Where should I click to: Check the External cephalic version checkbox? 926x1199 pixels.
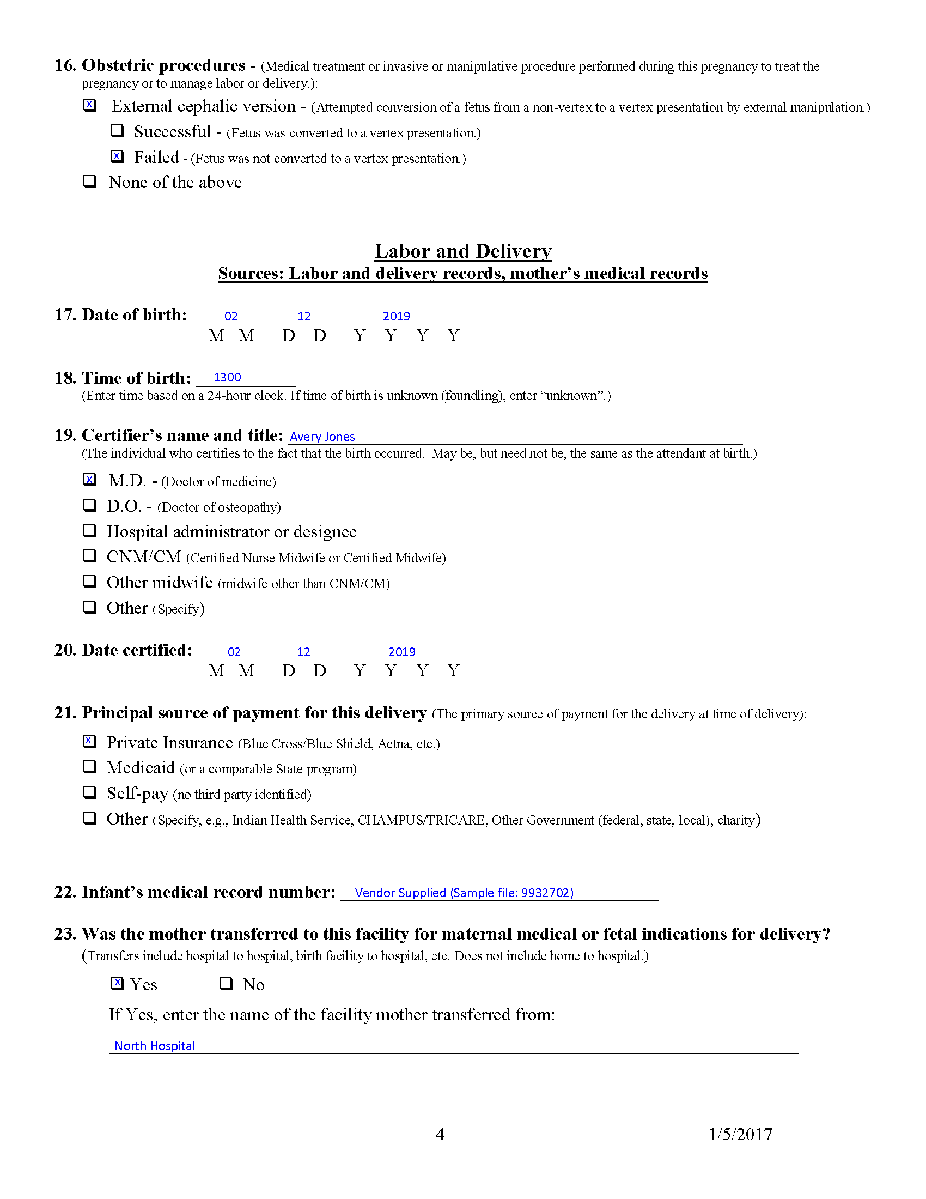click(90, 105)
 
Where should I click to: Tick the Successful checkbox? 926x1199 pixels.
click(117, 131)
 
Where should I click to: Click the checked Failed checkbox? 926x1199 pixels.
click(117, 156)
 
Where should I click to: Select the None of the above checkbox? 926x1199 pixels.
click(90, 181)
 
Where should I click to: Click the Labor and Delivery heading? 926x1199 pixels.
click(462, 251)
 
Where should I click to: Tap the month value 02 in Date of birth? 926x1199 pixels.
click(231, 316)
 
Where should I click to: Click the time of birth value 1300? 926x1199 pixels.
click(227, 377)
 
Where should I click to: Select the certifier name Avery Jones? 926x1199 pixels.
click(322, 437)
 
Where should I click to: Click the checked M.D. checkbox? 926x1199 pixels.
click(90, 480)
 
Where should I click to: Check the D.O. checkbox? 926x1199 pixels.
click(90, 505)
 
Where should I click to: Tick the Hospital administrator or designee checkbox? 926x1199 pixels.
click(90, 531)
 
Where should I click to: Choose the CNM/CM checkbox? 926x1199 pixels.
click(90, 556)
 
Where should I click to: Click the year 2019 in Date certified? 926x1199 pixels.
click(401, 652)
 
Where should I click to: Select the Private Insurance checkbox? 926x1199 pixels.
click(90, 742)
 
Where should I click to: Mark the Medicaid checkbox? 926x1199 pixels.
click(90, 767)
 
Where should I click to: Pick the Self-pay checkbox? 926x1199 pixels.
click(90, 793)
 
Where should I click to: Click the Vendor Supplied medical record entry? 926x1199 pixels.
click(464, 893)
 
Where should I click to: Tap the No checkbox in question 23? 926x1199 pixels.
click(226, 984)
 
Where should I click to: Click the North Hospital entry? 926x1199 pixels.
click(155, 1046)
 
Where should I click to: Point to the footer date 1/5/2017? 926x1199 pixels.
click(741, 1134)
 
